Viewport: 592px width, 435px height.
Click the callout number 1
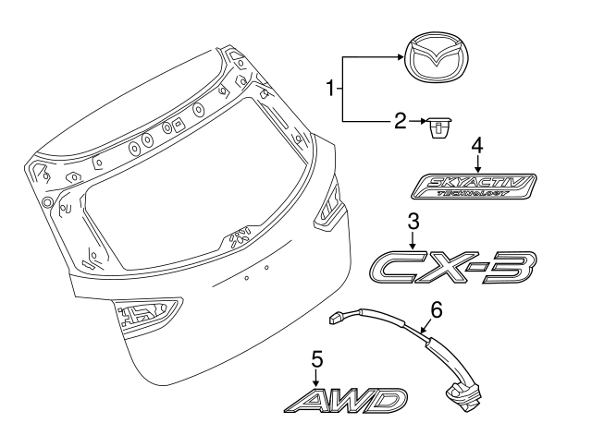(x=329, y=90)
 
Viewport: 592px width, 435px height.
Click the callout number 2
(x=401, y=120)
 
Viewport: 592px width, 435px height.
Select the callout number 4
(x=477, y=146)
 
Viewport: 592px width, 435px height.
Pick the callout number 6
(x=437, y=310)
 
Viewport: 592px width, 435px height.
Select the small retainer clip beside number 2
(x=436, y=125)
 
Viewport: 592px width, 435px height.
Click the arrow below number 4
(x=477, y=163)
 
